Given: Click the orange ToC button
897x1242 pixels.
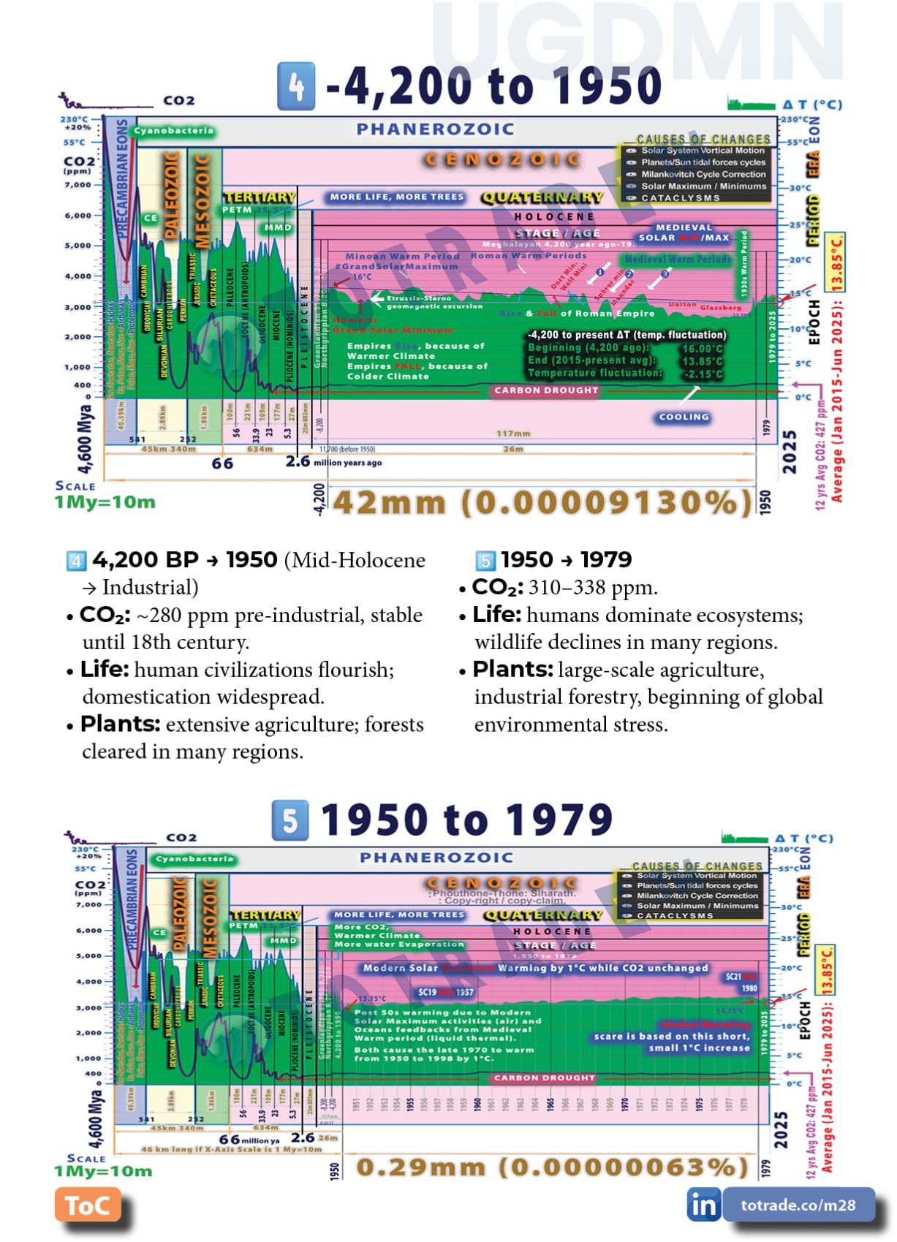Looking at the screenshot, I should pyautogui.click(x=87, y=1205).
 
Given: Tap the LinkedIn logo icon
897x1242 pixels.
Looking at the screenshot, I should pyautogui.click(x=703, y=1205).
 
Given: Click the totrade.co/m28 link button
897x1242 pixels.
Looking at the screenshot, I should pyautogui.click(x=798, y=1205).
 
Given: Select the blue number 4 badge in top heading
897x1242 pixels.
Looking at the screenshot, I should pyautogui.click(x=296, y=87).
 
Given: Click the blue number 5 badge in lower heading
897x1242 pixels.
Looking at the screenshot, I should pyautogui.click(x=289, y=820).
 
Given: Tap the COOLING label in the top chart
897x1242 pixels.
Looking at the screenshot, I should pyautogui.click(x=684, y=417).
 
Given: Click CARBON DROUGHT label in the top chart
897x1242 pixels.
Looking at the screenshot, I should pyautogui.click(x=546, y=390).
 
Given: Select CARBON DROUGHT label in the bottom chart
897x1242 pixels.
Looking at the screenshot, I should pyautogui.click(x=544, y=1078).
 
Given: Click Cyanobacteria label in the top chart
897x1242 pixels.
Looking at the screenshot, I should pyautogui.click(x=173, y=131).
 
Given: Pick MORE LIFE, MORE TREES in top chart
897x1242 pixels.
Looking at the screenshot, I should pyautogui.click(x=396, y=197).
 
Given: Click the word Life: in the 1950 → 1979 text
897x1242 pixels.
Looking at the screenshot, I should pyautogui.click(x=496, y=615).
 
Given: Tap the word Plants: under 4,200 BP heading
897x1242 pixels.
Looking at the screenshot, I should pyautogui.click(x=120, y=724).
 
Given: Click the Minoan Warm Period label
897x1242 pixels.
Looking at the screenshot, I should pyautogui.click(x=402, y=257).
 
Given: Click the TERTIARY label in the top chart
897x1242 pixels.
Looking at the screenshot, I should pyautogui.click(x=260, y=197).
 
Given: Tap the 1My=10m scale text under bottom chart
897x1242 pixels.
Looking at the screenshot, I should pyautogui.click(x=103, y=1171).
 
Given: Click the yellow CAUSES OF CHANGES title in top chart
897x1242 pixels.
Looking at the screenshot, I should pyautogui.click(x=703, y=139).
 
